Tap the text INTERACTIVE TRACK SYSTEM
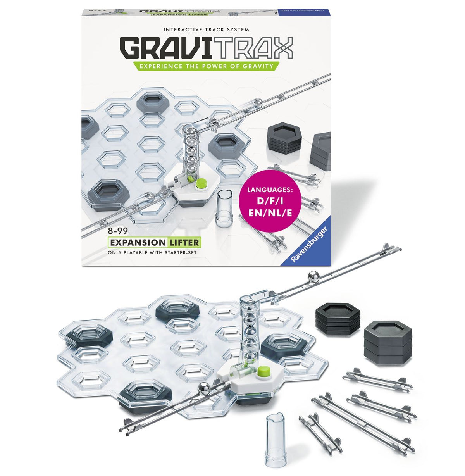[206, 29]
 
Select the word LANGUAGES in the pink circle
[271, 190]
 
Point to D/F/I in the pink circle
[271, 202]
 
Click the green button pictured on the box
[200, 183]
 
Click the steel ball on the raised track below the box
[312, 277]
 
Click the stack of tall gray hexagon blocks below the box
[388, 338]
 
